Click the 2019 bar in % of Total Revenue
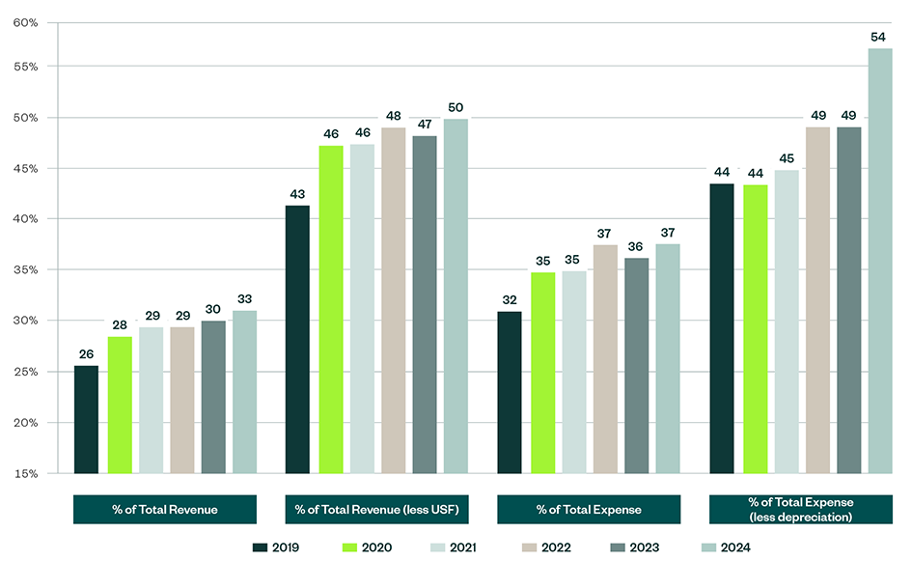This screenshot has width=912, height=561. (86, 419)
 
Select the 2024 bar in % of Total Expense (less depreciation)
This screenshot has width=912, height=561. (879, 261)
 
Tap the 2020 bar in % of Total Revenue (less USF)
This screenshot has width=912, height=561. (330, 309)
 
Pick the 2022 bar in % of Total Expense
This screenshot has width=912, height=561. (605, 358)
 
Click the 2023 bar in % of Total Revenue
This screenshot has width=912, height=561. (212, 397)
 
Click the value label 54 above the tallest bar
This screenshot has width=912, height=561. (879, 36)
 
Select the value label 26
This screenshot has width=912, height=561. (86, 352)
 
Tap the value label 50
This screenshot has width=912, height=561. (455, 106)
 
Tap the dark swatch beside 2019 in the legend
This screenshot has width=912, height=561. (259, 547)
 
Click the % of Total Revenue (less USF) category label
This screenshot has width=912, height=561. (376, 509)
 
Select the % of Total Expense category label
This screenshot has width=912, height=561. (588, 509)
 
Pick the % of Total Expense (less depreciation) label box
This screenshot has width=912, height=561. (800, 509)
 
